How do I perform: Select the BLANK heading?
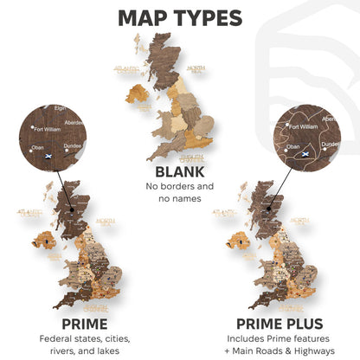[179, 171]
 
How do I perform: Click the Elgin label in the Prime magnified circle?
[60, 108]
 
